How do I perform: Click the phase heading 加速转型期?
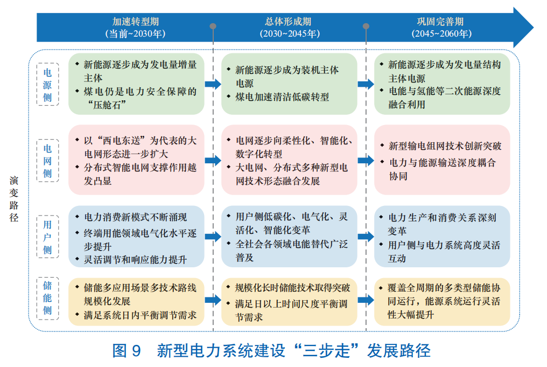(136, 22)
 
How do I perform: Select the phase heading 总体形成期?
(289, 22)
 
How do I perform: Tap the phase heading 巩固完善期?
(440, 22)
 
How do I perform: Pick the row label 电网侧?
(48, 160)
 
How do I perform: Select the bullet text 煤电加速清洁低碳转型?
(282, 97)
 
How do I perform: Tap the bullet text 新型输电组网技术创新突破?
(445, 146)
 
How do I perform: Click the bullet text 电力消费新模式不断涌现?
(135, 218)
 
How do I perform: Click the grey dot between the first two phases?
(213, 26)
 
